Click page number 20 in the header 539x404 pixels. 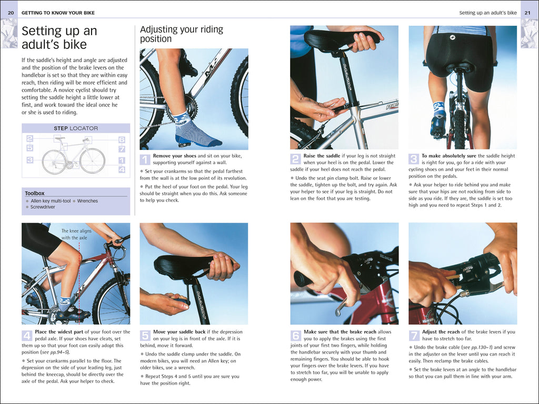(x=11, y=13)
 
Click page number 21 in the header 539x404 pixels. (x=527, y=13)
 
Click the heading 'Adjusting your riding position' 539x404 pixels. (x=181, y=34)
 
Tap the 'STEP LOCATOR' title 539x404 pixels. (x=76, y=128)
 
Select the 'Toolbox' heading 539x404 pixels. (x=35, y=194)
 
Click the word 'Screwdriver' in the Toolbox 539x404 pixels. (x=43, y=207)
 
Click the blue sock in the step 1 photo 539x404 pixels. (x=195, y=131)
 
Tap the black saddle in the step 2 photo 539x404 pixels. (x=337, y=39)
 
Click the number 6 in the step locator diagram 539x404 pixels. (x=122, y=140)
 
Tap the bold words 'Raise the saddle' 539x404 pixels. (x=322, y=156)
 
